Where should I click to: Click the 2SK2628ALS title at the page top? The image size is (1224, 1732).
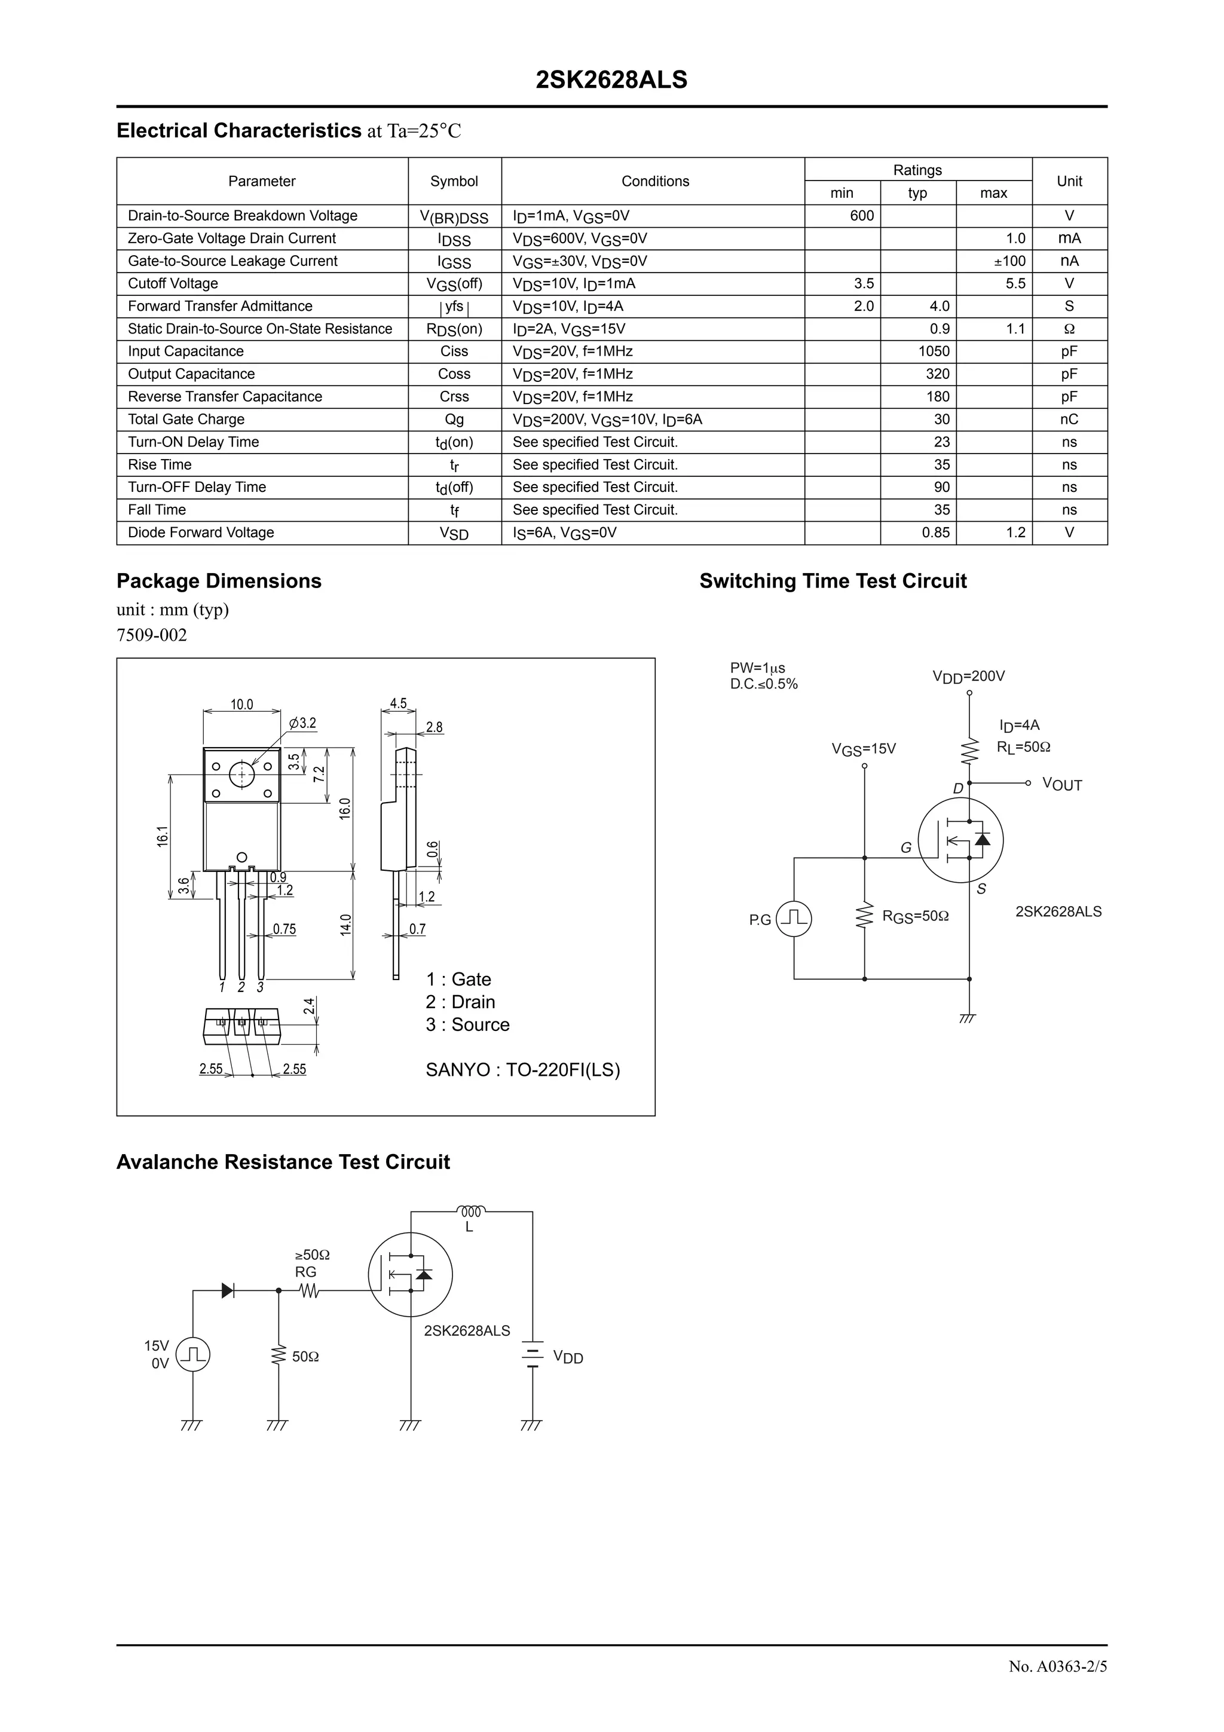point(611,80)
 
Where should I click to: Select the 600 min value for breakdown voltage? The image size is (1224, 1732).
point(861,216)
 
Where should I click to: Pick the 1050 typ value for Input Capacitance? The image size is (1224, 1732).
point(934,351)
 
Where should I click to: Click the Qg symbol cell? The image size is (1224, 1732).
point(454,420)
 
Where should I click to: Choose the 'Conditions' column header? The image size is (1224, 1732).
point(654,181)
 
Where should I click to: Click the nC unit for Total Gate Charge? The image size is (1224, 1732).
point(1069,420)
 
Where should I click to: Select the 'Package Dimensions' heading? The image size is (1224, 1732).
point(219,581)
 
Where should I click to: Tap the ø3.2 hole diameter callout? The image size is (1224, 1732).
point(302,723)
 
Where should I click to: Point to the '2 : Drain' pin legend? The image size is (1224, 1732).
point(460,1002)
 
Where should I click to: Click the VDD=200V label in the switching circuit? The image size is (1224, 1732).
point(968,677)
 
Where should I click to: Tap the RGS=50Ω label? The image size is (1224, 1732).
point(916,917)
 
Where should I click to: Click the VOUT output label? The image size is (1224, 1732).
point(1062,785)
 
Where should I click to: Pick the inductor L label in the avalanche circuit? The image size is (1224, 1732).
point(469,1228)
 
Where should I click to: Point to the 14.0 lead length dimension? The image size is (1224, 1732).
point(345,925)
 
